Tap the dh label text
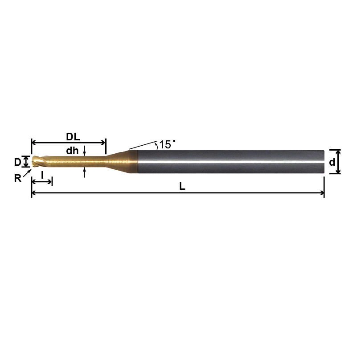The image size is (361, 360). point(72,151)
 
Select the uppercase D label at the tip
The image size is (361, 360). point(17,162)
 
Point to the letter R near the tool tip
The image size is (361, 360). point(17,178)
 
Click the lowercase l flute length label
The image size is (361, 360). point(42,175)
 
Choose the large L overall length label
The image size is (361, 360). point(182,187)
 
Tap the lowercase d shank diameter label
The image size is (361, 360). point(332,163)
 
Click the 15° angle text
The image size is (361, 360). point(167,145)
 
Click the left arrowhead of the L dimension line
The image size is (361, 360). point(34,193)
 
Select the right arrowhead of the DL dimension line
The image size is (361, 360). point(103,143)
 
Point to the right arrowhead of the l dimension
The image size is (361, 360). point(50,181)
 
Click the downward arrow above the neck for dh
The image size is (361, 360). point(84,153)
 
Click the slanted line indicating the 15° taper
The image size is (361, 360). point(142,145)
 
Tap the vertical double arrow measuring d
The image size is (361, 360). point(338,162)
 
